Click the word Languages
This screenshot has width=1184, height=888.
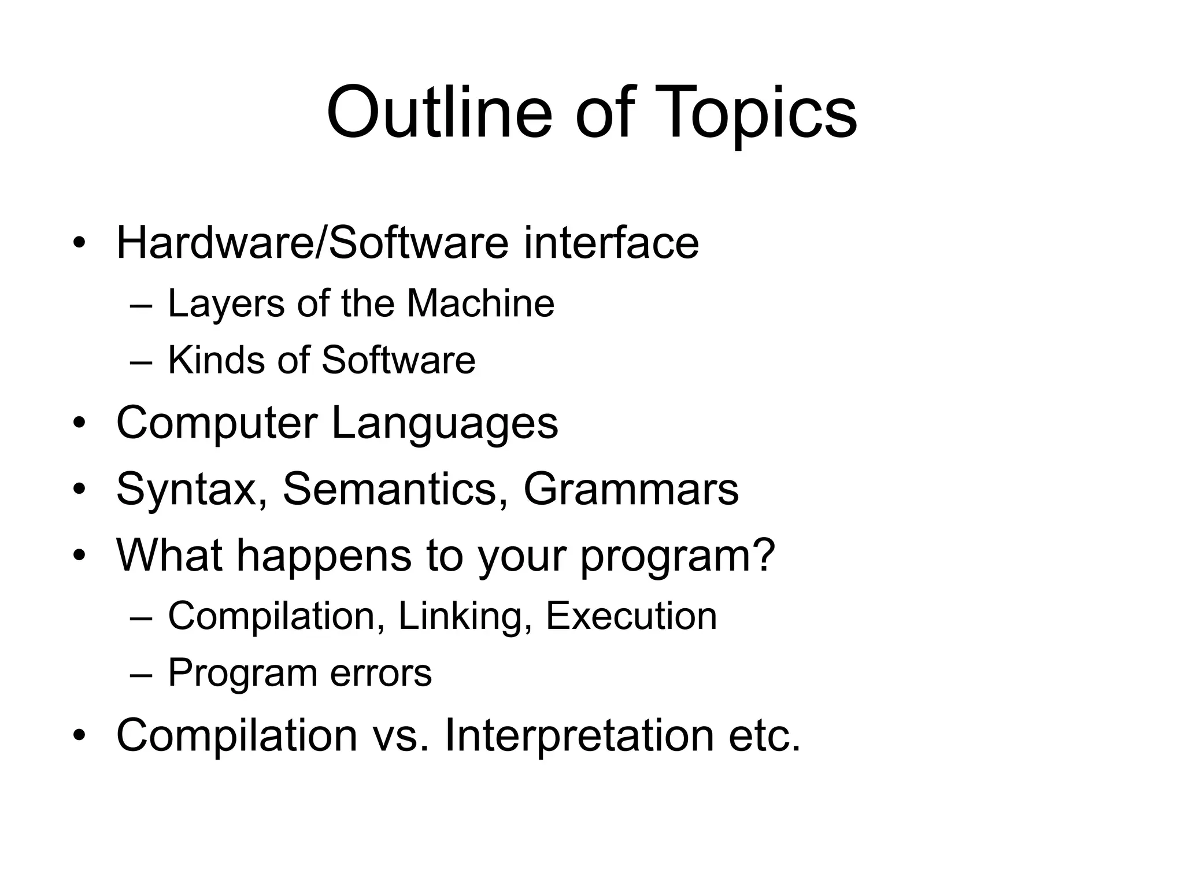coord(445,424)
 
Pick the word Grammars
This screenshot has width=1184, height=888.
coord(631,490)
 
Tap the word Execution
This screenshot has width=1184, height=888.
coord(631,616)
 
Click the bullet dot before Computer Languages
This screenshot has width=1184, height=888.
coord(79,424)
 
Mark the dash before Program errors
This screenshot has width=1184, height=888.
coord(141,674)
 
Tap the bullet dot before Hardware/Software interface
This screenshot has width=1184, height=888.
coord(79,243)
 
